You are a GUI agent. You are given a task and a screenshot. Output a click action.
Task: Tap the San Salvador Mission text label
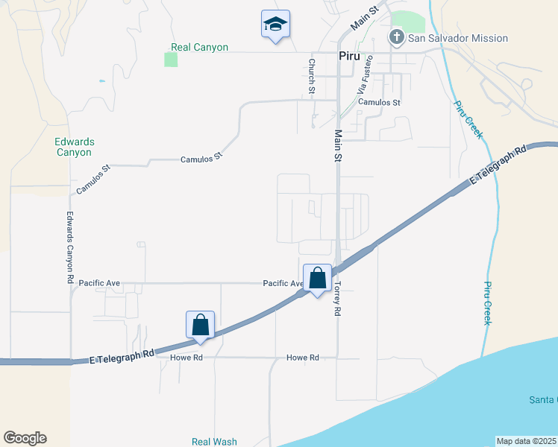tap(459, 38)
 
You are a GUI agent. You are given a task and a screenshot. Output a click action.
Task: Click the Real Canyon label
tap(199, 47)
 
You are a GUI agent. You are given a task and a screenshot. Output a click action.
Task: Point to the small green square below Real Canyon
tap(171, 60)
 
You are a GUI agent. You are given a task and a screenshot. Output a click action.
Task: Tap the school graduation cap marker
tap(275, 25)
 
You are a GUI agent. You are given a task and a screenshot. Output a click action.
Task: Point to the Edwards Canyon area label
tap(73, 147)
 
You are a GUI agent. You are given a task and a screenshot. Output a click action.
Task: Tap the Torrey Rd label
tap(337, 297)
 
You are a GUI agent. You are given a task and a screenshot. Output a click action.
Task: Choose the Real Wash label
tap(214, 441)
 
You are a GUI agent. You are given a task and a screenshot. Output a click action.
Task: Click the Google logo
tap(25, 438)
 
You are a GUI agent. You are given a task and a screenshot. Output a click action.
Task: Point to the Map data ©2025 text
tap(526, 441)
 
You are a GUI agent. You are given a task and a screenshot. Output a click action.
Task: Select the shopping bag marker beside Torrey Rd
tap(317, 278)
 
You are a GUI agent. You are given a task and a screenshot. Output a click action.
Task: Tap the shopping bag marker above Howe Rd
tap(200, 325)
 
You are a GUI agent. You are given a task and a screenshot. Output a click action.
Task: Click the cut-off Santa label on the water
tap(543, 400)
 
